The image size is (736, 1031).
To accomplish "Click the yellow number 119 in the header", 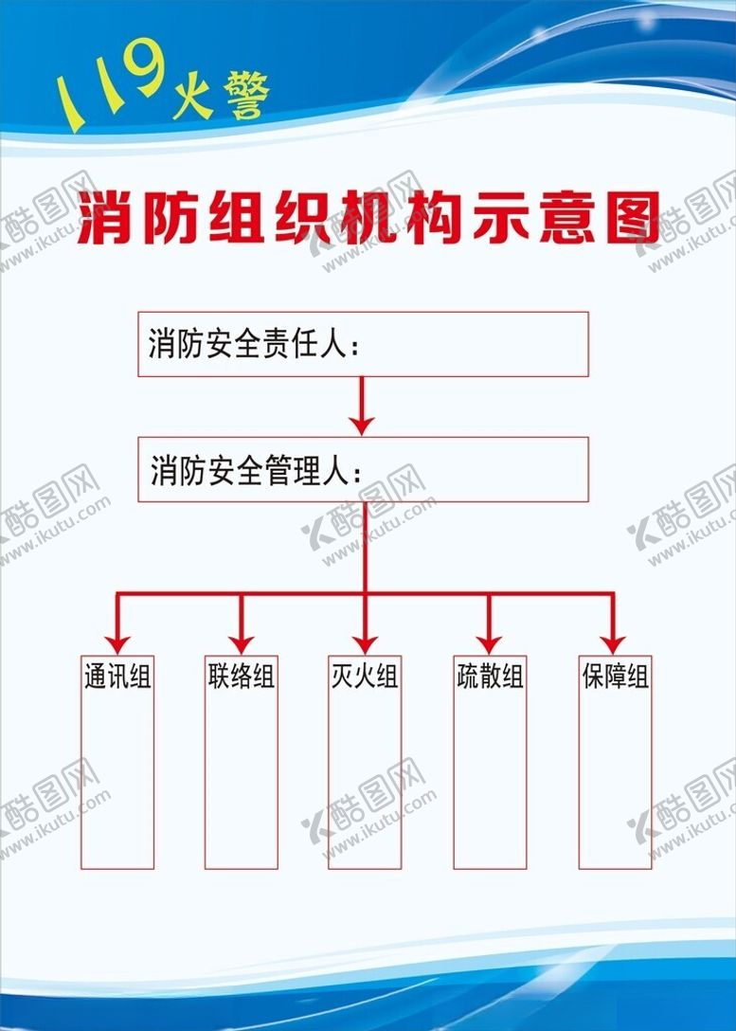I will [110, 86].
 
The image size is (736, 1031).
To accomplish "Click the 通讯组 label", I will [117, 677].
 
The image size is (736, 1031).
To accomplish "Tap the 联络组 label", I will [242, 677].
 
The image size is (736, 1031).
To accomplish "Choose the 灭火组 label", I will [364, 677].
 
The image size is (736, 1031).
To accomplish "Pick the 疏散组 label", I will [489, 677].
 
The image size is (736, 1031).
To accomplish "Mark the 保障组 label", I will [615, 677].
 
